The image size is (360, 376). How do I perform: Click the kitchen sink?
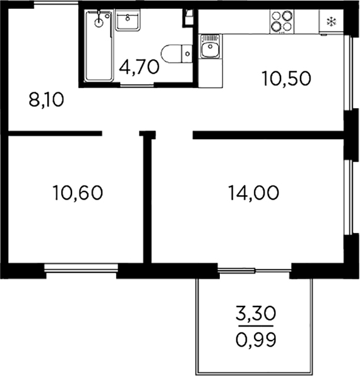(210, 47)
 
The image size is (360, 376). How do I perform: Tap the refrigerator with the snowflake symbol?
(330, 21)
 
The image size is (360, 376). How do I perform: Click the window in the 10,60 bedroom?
(81, 270)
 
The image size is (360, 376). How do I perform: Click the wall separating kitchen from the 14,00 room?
(268, 135)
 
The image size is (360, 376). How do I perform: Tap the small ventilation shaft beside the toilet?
(188, 18)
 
